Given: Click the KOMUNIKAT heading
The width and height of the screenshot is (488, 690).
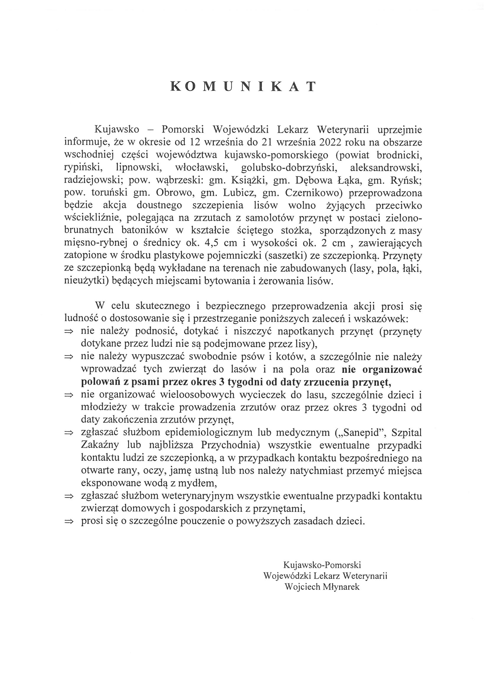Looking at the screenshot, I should pos(243,86).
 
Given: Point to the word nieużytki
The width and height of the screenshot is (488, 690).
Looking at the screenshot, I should pos(86,281).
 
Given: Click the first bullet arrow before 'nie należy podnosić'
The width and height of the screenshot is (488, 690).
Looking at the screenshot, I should pos(69,332).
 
